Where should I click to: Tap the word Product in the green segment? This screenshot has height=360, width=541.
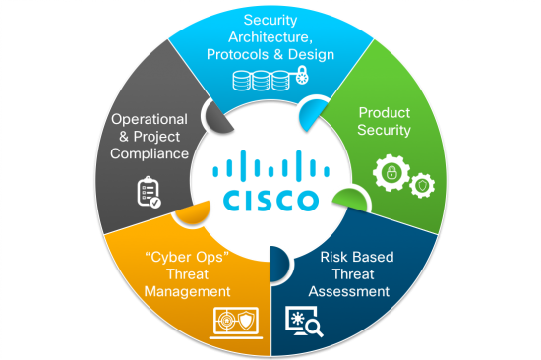tap(383, 112)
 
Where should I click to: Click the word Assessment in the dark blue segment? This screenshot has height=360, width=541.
tap(348, 291)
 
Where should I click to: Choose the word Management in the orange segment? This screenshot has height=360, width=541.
tap(187, 291)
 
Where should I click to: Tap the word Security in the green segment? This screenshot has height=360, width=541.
tap(384, 130)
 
